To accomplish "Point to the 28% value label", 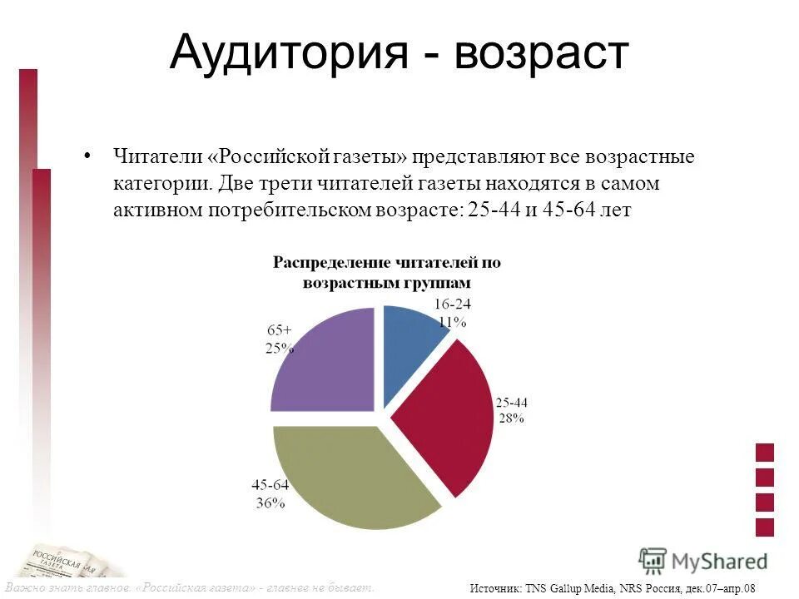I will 511,418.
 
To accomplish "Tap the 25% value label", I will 280,348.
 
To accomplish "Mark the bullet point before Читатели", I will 87,156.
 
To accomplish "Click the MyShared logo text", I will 720,561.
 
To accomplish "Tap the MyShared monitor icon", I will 652,561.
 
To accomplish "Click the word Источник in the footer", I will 497,588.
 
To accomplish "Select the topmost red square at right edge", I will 764,453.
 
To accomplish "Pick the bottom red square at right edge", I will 764,527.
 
